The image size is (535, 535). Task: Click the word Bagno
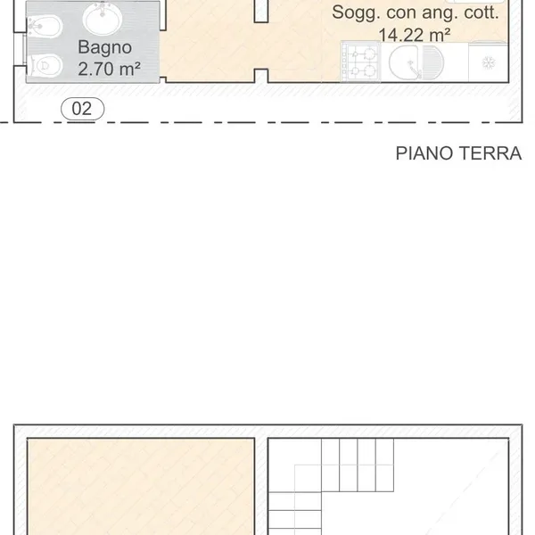(104, 47)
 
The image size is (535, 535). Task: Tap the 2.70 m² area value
(109, 69)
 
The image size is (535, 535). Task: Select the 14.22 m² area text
(415, 35)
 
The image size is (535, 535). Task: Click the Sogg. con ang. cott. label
(416, 12)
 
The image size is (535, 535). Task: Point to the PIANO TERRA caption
(458, 153)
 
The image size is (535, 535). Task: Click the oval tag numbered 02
(83, 109)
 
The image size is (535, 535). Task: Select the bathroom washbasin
(103, 18)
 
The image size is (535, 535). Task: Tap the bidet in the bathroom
(45, 27)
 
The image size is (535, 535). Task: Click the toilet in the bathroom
(45, 65)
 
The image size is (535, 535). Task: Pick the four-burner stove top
(360, 62)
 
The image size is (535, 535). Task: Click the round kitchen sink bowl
(405, 62)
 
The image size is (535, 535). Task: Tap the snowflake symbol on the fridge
(489, 62)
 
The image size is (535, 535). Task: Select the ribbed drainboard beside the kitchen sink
(433, 62)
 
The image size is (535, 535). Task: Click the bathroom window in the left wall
(20, 49)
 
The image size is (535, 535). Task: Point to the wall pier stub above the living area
(261, 12)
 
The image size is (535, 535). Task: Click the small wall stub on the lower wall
(261, 76)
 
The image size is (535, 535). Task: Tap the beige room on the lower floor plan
(141, 487)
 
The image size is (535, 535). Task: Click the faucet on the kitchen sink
(415, 69)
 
